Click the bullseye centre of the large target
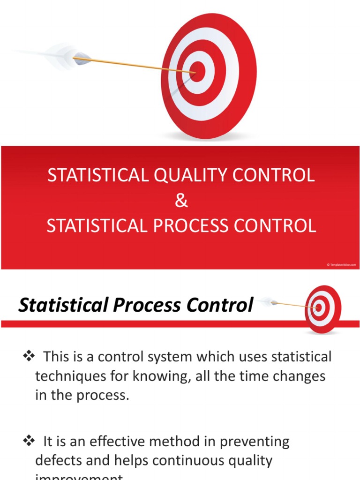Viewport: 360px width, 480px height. (198, 72)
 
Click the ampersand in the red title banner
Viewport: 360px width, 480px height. (181, 201)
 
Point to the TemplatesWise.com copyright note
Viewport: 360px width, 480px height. (341, 265)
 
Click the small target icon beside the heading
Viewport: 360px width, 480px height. (322, 308)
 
